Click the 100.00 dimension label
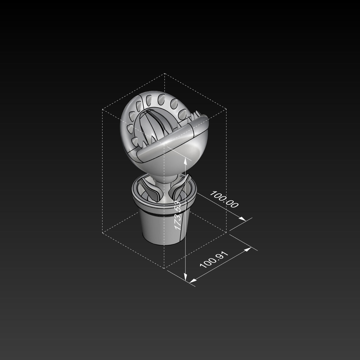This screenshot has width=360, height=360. tap(224, 199)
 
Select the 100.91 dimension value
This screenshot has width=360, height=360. tap(214, 260)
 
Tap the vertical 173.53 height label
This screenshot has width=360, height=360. tap(178, 215)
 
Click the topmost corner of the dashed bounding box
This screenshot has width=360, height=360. tap(164, 73)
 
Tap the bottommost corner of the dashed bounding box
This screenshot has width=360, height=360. tap(164, 268)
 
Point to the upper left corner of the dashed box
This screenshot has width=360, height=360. tap(103, 109)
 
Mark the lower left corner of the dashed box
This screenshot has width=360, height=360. tap(103, 233)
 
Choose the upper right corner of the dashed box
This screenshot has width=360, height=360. tap(226, 109)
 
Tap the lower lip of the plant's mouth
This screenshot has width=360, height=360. tap(172, 144)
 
